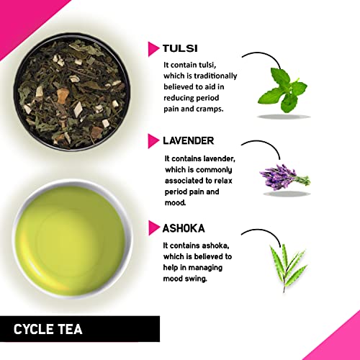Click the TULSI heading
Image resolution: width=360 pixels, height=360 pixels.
[x=180, y=48]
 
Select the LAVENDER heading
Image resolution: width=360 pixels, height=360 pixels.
[x=189, y=140]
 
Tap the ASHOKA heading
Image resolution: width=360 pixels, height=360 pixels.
[x=184, y=228]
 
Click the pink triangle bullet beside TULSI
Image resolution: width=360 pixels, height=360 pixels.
[x=153, y=49]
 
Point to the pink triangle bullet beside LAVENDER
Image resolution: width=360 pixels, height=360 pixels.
[x=153, y=141]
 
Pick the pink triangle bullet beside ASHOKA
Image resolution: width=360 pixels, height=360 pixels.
[x=154, y=228]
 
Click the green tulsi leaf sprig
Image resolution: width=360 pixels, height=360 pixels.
[x=283, y=90]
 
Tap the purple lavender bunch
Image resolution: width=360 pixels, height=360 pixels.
[x=284, y=177]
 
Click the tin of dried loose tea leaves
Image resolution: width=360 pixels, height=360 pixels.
[x=72, y=92]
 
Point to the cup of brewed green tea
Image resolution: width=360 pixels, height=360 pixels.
[x=72, y=239]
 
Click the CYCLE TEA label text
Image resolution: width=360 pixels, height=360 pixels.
[x=48, y=329]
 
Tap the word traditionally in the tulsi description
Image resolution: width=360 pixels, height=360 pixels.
[x=215, y=76]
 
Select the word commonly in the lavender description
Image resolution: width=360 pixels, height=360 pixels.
[x=214, y=170]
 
